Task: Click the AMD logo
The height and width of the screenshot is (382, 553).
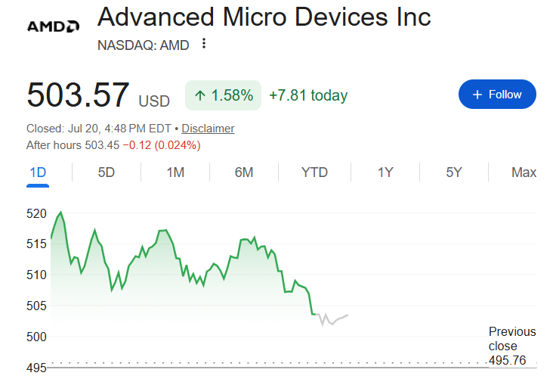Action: coord(53,26)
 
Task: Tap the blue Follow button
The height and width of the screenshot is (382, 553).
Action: coord(497,95)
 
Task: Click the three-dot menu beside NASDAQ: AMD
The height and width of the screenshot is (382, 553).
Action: coord(204,44)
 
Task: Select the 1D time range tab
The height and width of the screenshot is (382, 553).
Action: coord(38,172)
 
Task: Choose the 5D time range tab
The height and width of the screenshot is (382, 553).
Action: coord(107,172)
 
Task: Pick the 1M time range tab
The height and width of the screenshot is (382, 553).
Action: coord(175,172)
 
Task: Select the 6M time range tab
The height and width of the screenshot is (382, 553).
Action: coord(244,172)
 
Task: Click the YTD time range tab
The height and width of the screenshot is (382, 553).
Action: coord(314,172)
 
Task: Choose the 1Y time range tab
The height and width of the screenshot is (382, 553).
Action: coord(385,172)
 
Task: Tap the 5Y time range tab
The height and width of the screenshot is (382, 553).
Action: coord(453,172)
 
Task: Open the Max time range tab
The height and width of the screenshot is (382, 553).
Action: coord(524,172)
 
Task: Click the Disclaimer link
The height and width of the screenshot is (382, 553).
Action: coord(208,129)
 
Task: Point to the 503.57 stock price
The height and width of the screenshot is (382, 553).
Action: coord(78,95)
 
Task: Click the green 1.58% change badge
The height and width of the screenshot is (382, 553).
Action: coord(224,95)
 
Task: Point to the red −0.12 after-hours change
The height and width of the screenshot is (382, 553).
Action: coord(137,145)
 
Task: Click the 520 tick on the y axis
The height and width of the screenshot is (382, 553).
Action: coord(36,213)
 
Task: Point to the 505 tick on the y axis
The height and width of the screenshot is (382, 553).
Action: coord(36,306)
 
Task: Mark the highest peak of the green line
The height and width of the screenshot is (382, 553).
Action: coord(61,213)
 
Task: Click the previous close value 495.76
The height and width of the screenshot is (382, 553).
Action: coord(507,361)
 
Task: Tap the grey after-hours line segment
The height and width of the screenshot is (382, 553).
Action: coord(332,319)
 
